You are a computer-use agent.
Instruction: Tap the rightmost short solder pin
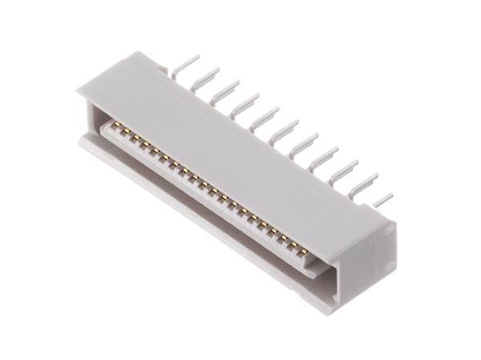(x=383, y=198)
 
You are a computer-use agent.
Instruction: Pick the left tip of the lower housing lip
(x=82, y=141)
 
